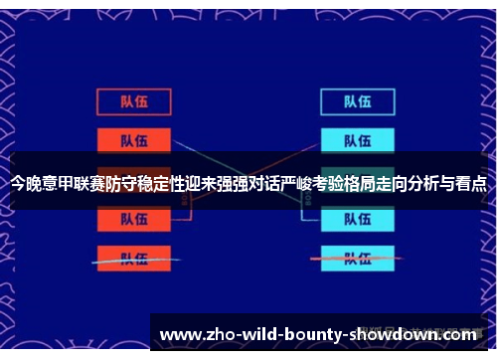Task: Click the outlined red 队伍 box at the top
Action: pos(133,100)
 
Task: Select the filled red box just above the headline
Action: pos(133,139)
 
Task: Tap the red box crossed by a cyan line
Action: pos(133,258)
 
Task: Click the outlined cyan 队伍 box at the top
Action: pos(357,100)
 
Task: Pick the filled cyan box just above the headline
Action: pos(357,139)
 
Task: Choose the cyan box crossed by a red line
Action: pos(357,258)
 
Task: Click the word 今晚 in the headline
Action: pos(27,183)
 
